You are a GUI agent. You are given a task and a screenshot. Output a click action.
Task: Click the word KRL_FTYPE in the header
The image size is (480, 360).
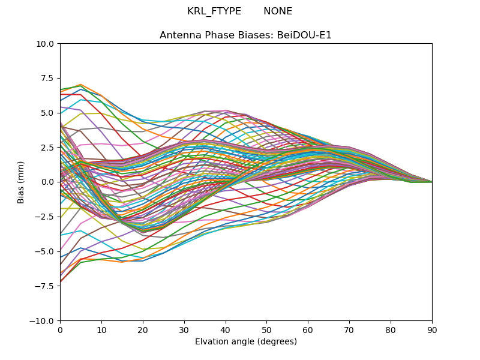pyautogui.click(x=214, y=11)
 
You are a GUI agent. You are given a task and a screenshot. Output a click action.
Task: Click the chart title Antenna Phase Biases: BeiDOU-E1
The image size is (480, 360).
pyautogui.click(x=245, y=35)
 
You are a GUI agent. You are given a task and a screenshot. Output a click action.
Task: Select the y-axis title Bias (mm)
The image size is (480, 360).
pyautogui.click(x=21, y=182)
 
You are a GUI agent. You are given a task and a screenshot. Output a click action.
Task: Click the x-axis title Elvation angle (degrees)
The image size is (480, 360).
pyautogui.click(x=245, y=342)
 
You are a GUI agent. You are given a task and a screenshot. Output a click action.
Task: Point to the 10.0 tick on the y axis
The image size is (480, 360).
pyautogui.click(x=47, y=44)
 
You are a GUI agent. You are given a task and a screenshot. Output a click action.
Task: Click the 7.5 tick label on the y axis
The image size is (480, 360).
pyautogui.click(x=49, y=78)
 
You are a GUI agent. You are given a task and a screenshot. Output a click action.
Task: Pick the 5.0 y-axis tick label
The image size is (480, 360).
pyautogui.click(x=49, y=113)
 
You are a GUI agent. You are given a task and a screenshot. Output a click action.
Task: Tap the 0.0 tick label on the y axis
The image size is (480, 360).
pyautogui.click(x=49, y=182)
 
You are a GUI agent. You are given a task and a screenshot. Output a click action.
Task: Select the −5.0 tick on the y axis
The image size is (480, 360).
pyautogui.click(x=47, y=251)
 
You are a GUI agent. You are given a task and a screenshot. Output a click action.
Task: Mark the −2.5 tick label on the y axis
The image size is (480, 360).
pyautogui.click(x=47, y=217)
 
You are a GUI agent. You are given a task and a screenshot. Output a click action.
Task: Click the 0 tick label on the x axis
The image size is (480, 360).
pyautogui.click(x=60, y=330)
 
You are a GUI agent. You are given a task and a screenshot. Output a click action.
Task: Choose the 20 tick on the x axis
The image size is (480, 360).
pyautogui.click(x=143, y=330)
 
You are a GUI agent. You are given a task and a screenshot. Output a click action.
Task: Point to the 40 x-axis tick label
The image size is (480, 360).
pyautogui.click(x=226, y=330)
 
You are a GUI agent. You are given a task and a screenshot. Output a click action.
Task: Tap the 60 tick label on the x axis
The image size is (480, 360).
pyautogui.click(x=308, y=330)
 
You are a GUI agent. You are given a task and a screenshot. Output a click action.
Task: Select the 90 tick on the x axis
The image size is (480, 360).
pyautogui.click(x=432, y=330)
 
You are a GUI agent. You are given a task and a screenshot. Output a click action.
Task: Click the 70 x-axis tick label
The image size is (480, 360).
pyautogui.click(x=349, y=330)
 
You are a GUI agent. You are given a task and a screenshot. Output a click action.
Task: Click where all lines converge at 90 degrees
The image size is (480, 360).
pyautogui.click(x=431, y=182)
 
